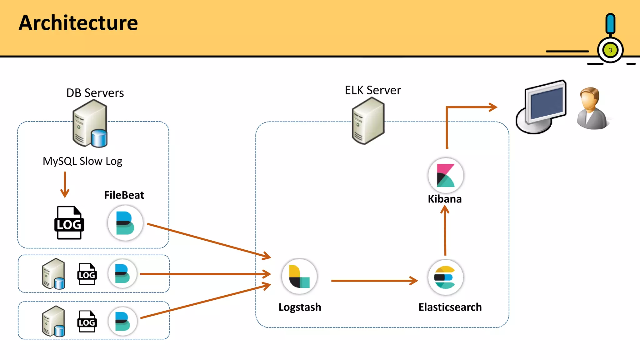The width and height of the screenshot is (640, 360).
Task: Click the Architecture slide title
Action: (x=78, y=23)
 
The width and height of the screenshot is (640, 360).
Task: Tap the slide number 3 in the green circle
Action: (x=610, y=50)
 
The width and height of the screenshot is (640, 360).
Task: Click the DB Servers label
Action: (x=95, y=93)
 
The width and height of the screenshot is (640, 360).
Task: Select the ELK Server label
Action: (x=372, y=90)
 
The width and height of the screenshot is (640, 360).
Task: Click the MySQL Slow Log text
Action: (x=82, y=161)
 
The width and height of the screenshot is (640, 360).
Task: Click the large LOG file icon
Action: (x=69, y=223)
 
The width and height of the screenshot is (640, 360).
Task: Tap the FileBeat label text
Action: (x=124, y=195)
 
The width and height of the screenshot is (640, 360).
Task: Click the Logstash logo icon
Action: (x=299, y=276)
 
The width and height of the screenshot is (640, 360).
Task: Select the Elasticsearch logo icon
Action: (x=445, y=277)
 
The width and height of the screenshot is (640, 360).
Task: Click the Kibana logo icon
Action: (x=446, y=175)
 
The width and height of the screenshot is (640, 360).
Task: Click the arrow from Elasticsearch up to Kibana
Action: (x=445, y=231)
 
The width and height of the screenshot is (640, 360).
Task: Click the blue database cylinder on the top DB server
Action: (x=99, y=138)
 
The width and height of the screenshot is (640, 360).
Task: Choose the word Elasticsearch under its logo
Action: (x=450, y=307)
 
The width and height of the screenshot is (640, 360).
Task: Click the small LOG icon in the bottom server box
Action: (x=87, y=322)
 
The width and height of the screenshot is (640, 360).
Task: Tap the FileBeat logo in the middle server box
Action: (x=122, y=274)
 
